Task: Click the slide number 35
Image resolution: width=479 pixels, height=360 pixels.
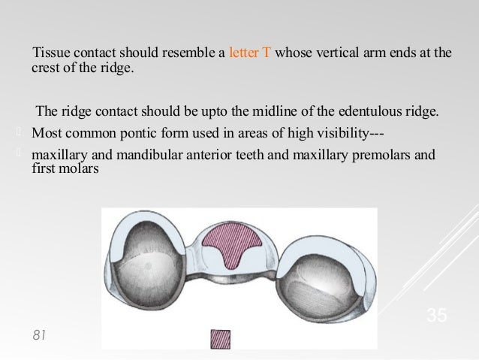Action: point(436,316)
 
